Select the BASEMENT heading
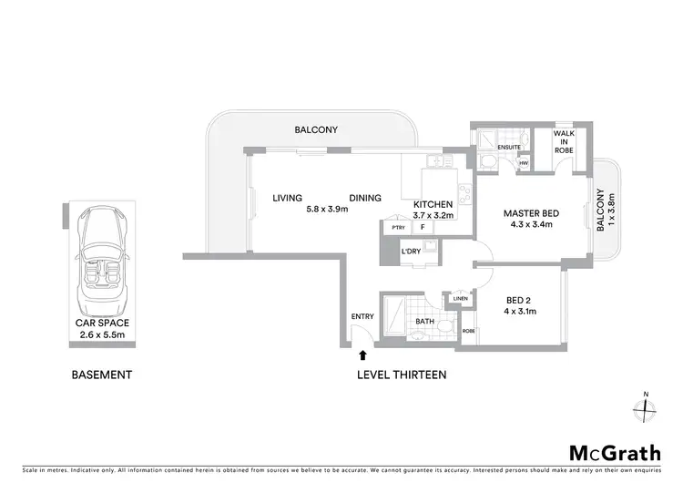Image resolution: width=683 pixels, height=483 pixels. click(x=102, y=375)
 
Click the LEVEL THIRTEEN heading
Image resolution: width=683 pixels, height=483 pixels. click(x=402, y=375)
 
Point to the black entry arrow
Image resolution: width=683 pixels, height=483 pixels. click(x=363, y=356)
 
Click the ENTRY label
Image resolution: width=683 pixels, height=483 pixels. click(x=362, y=316)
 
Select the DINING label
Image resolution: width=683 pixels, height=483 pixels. click(x=365, y=198)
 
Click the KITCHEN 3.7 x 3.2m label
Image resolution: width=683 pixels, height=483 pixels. click(x=434, y=210)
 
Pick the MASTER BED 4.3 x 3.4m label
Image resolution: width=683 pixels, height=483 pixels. click(x=532, y=220)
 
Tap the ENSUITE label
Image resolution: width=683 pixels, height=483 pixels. click(x=508, y=146)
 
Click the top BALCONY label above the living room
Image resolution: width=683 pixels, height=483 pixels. click(x=316, y=130)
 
